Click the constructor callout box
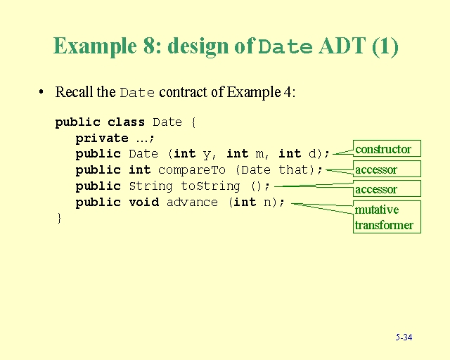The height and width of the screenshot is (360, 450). tap(383, 149)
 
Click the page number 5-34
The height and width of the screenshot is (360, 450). tap(404, 337)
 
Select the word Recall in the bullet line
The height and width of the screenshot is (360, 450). tap(75, 92)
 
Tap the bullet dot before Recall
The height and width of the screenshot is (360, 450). tap(42, 92)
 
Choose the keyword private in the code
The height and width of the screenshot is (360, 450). tap(102, 138)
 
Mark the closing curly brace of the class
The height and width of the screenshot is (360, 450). tap(59, 218)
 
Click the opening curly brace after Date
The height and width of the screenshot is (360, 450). tap(193, 122)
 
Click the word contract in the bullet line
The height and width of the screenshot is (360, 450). tap(191, 92)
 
